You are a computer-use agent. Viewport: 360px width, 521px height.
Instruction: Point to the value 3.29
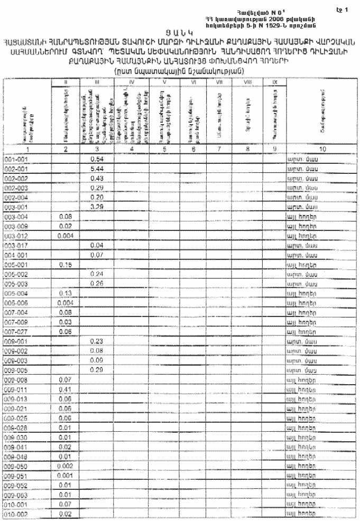[96, 207]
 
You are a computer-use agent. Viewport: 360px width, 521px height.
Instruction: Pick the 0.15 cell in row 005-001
[66, 265]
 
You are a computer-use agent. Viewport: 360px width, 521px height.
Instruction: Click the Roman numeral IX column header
[274, 83]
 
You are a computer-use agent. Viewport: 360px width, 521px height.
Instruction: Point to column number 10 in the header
[321, 150]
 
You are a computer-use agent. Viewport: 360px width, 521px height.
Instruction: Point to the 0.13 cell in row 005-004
[66, 293]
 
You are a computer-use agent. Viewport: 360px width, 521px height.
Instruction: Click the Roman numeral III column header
[96, 83]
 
